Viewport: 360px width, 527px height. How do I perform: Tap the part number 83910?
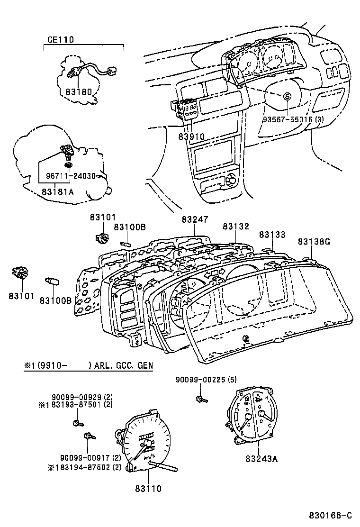click(191, 136)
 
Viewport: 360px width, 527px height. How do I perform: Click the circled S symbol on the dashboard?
click(287, 96)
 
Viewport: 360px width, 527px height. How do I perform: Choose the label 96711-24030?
click(70, 176)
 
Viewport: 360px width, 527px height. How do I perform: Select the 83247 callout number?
click(194, 220)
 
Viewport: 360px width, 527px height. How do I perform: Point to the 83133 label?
click(272, 235)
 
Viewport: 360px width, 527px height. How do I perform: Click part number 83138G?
click(314, 242)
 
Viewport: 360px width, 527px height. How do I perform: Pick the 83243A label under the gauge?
click(262, 458)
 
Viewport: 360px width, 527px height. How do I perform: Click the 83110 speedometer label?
click(148, 488)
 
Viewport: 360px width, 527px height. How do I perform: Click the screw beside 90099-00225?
click(200, 400)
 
